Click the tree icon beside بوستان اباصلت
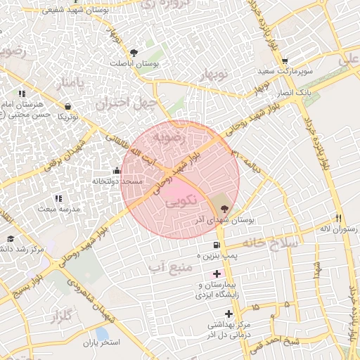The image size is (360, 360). (134, 51)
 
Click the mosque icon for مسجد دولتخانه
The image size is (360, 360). (117, 170)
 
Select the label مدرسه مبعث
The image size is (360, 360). (58, 209)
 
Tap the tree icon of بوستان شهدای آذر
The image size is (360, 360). (224, 208)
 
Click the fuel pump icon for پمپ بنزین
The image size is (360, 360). (216, 245)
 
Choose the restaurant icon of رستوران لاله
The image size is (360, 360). (339, 218)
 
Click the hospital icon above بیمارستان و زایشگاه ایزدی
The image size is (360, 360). (217, 273)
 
